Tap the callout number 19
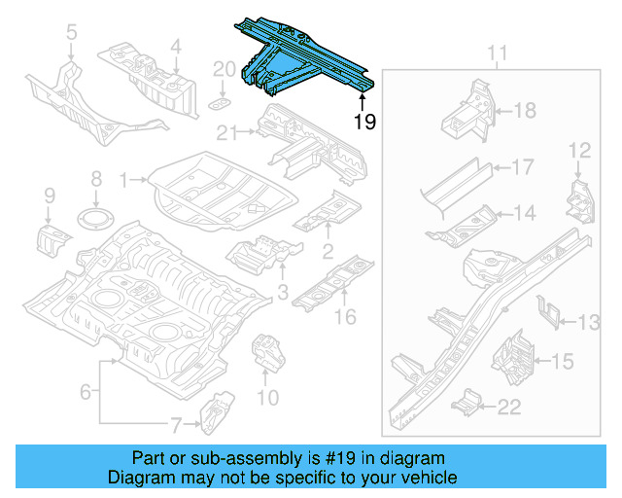point(364,122)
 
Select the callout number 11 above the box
point(497,53)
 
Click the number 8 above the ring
point(95,179)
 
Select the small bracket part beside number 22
point(469,402)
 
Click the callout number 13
point(590,322)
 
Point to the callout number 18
point(524,111)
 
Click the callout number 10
point(267,397)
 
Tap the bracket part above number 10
point(264,351)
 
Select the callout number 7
point(176,424)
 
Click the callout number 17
point(522,167)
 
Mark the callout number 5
point(71,36)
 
